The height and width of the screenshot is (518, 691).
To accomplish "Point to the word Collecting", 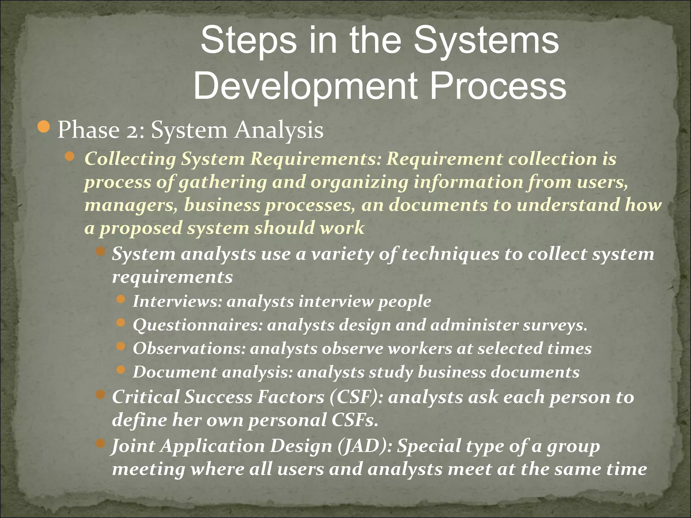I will pos(130,159).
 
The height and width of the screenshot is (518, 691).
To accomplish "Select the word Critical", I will pos(145,397).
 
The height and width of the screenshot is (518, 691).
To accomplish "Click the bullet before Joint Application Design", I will pos(101,443).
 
